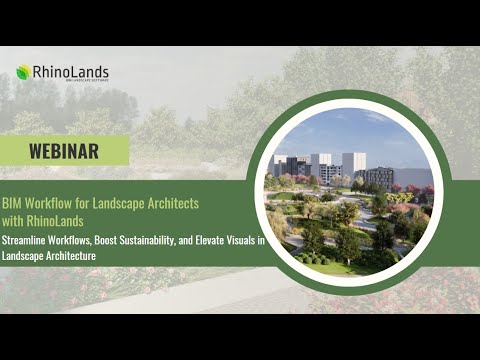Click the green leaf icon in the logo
tap(23, 72)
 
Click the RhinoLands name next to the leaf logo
tap(70, 72)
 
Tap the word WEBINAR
tap(63, 151)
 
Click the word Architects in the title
tap(171, 203)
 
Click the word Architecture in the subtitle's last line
tap(71, 256)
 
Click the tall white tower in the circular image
tap(353, 164)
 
